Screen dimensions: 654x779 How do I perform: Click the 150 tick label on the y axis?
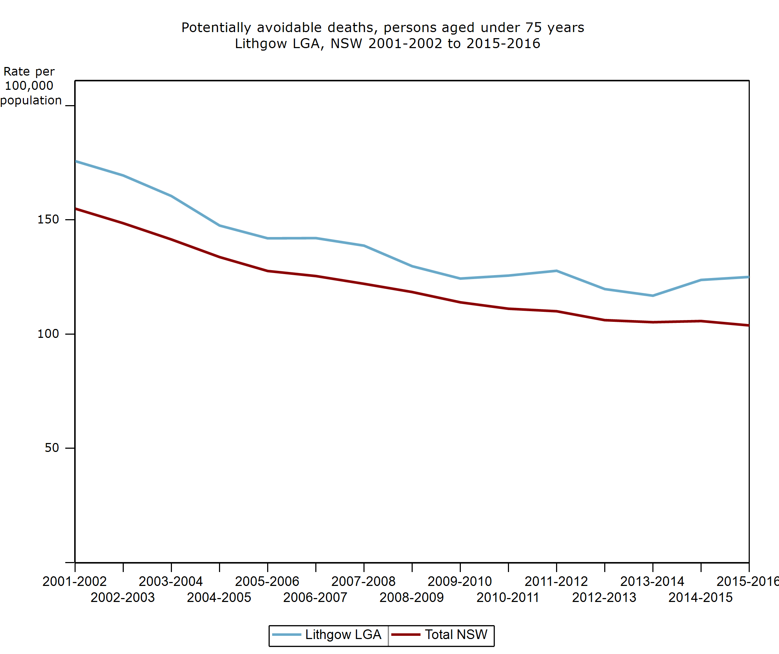pyautogui.click(x=48, y=220)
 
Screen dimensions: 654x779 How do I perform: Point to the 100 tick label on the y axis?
pyautogui.click(x=48, y=334)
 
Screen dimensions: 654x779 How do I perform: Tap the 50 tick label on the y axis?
pyautogui.click(x=52, y=448)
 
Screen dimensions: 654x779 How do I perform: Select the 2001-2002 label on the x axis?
pyautogui.click(x=75, y=581)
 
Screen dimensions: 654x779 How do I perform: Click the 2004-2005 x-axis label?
pyautogui.click(x=219, y=598)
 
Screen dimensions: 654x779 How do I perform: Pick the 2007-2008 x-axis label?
pyautogui.click(x=363, y=581)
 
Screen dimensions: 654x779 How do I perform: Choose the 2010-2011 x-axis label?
pyautogui.click(x=508, y=598)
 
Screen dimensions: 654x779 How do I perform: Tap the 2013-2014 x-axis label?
pyautogui.click(x=652, y=581)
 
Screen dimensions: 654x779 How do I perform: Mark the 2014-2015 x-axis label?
pyautogui.click(x=701, y=598)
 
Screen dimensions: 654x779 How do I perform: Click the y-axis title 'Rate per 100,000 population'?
pyautogui.click(x=30, y=86)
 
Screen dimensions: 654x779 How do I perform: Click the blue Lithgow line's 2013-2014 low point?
pyautogui.click(x=653, y=296)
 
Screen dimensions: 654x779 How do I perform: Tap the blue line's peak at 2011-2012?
pyautogui.click(x=556, y=271)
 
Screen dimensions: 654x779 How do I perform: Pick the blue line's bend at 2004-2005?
pyautogui.click(x=220, y=225)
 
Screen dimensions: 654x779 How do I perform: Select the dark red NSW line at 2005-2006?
pyautogui.click(x=268, y=271)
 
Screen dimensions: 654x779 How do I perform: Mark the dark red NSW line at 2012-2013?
pyautogui.click(x=605, y=320)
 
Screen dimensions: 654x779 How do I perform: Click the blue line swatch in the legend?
pyautogui.click(x=286, y=635)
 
